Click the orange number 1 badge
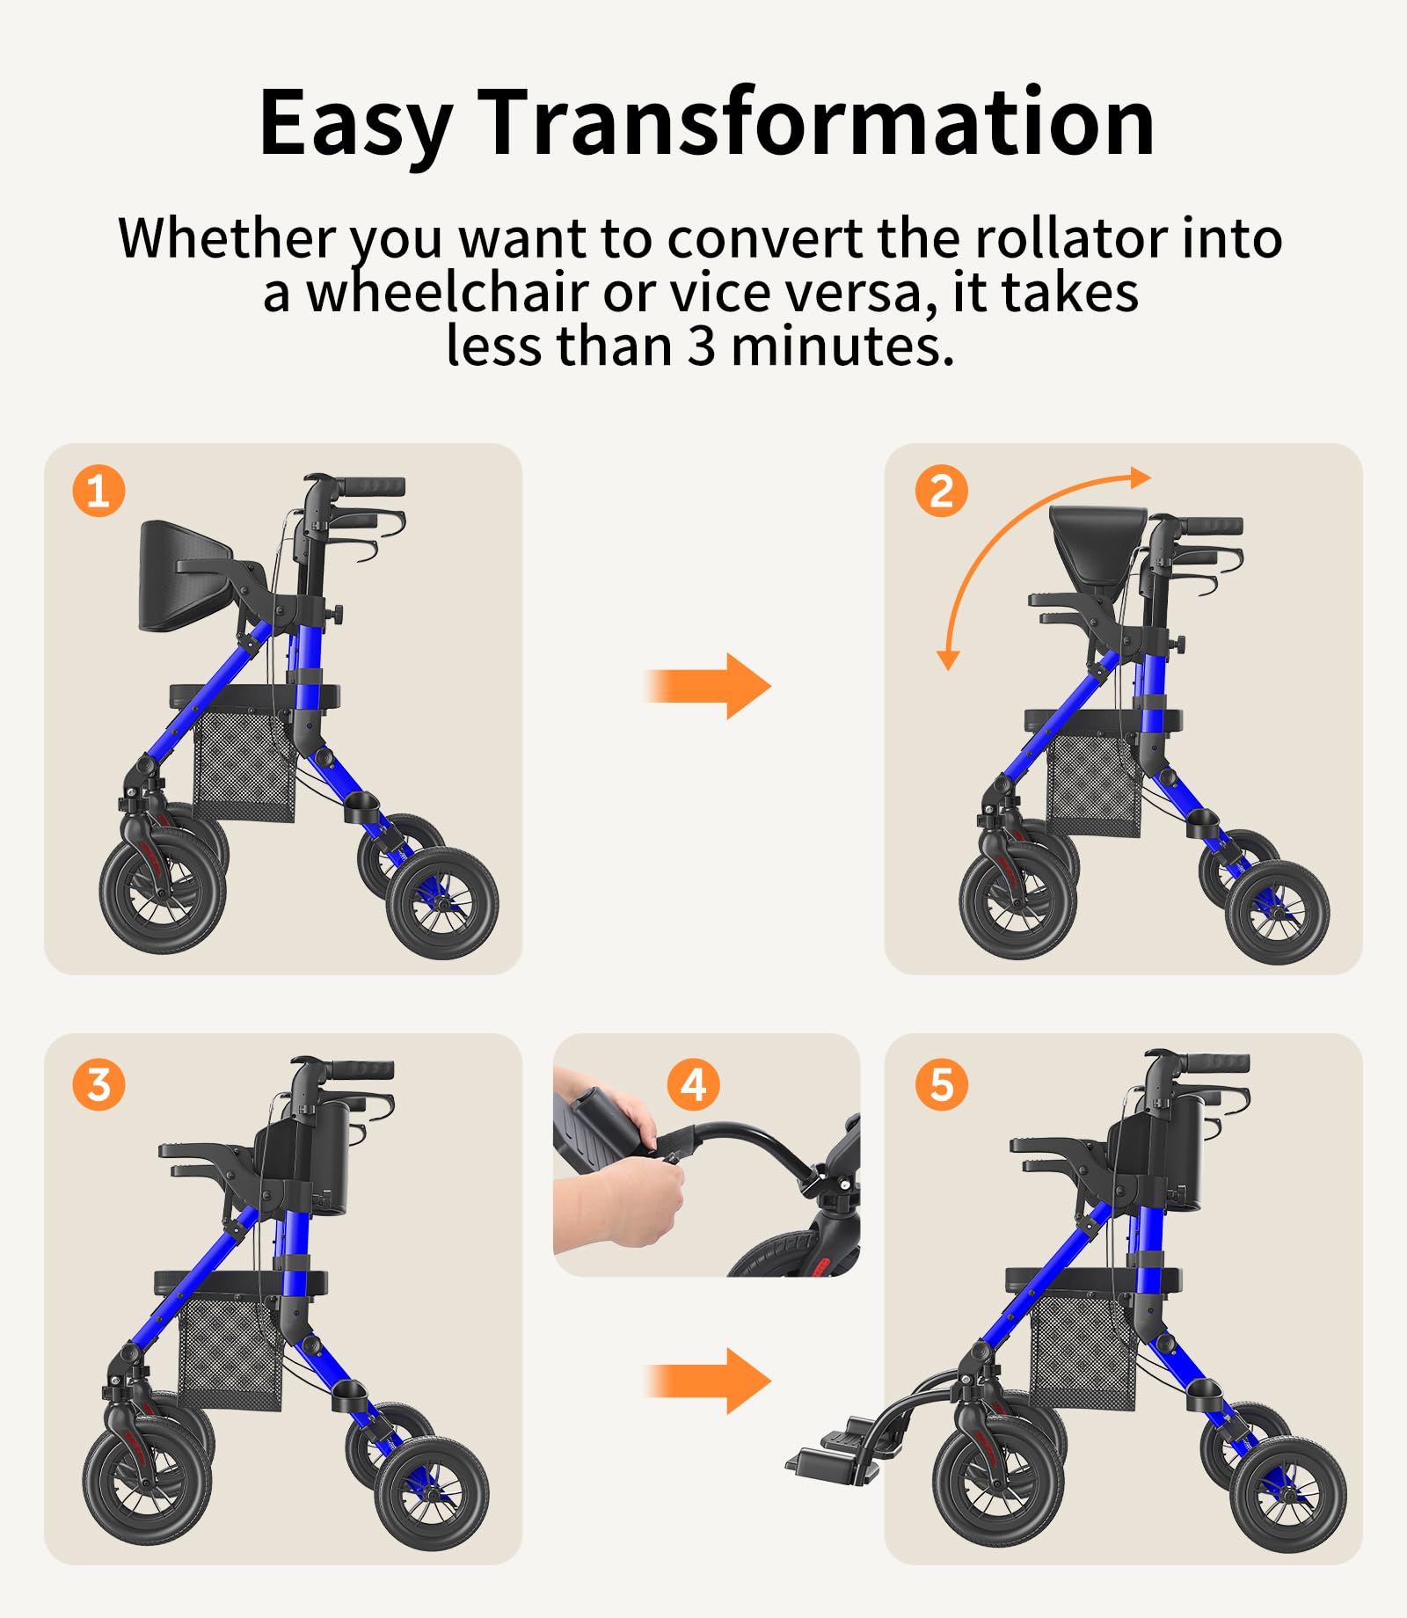point(98,491)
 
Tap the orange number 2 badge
point(941,491)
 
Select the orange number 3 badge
point(98,1084)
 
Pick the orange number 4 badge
point(693,1084)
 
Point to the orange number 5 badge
point(941,1084)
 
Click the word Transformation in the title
point(818,122)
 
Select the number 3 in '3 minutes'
point(701,346)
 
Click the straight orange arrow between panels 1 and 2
point(708,686)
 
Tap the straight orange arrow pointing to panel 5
point(708,1381)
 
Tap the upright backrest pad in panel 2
point(1098,542)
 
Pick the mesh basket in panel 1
point(244,766)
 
